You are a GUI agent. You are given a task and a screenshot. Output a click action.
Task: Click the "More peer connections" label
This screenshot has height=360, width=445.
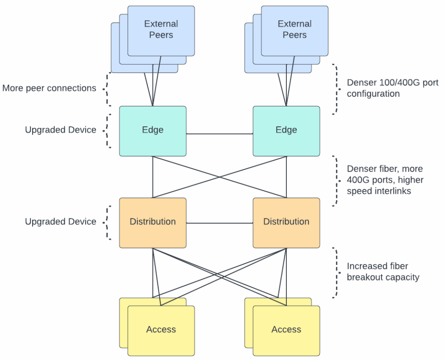point(49,88)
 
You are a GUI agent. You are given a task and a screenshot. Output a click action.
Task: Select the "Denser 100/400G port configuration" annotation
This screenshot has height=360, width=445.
point(392,88)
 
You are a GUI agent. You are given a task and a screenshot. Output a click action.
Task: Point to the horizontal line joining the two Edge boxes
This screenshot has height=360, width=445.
point(219,134)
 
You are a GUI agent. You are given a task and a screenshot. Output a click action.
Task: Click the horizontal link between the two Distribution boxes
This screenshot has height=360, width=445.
point(219,223)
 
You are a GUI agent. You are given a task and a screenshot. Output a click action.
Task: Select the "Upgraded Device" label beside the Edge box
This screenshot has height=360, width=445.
point(60,130)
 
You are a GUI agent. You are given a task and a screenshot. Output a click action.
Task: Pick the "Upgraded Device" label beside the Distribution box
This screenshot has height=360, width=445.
point(60,221)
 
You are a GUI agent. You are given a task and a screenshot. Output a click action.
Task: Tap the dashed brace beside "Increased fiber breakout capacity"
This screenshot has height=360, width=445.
point(335,273)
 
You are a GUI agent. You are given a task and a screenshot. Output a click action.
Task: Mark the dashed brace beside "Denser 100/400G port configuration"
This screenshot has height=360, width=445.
point(335,89)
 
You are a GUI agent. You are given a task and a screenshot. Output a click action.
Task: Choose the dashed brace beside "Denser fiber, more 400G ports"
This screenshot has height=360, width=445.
point(335,180)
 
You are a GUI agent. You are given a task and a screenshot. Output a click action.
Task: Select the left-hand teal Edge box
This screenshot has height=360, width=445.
point(153,130)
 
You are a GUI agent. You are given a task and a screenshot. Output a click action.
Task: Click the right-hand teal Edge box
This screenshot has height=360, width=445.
point(286,130)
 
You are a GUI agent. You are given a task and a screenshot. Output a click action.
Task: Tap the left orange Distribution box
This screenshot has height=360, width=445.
point(153,222)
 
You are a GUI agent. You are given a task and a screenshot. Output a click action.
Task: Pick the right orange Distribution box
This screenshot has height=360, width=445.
point(286,222)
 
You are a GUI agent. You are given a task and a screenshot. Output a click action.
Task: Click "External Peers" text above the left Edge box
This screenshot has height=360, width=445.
point(161,29)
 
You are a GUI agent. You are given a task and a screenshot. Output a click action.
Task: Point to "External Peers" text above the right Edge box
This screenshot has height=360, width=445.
point(295,29)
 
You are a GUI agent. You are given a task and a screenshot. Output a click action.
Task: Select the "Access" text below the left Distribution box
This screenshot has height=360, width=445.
point(161,330)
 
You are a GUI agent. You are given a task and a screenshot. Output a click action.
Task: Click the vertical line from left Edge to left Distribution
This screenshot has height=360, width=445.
point(153,177)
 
